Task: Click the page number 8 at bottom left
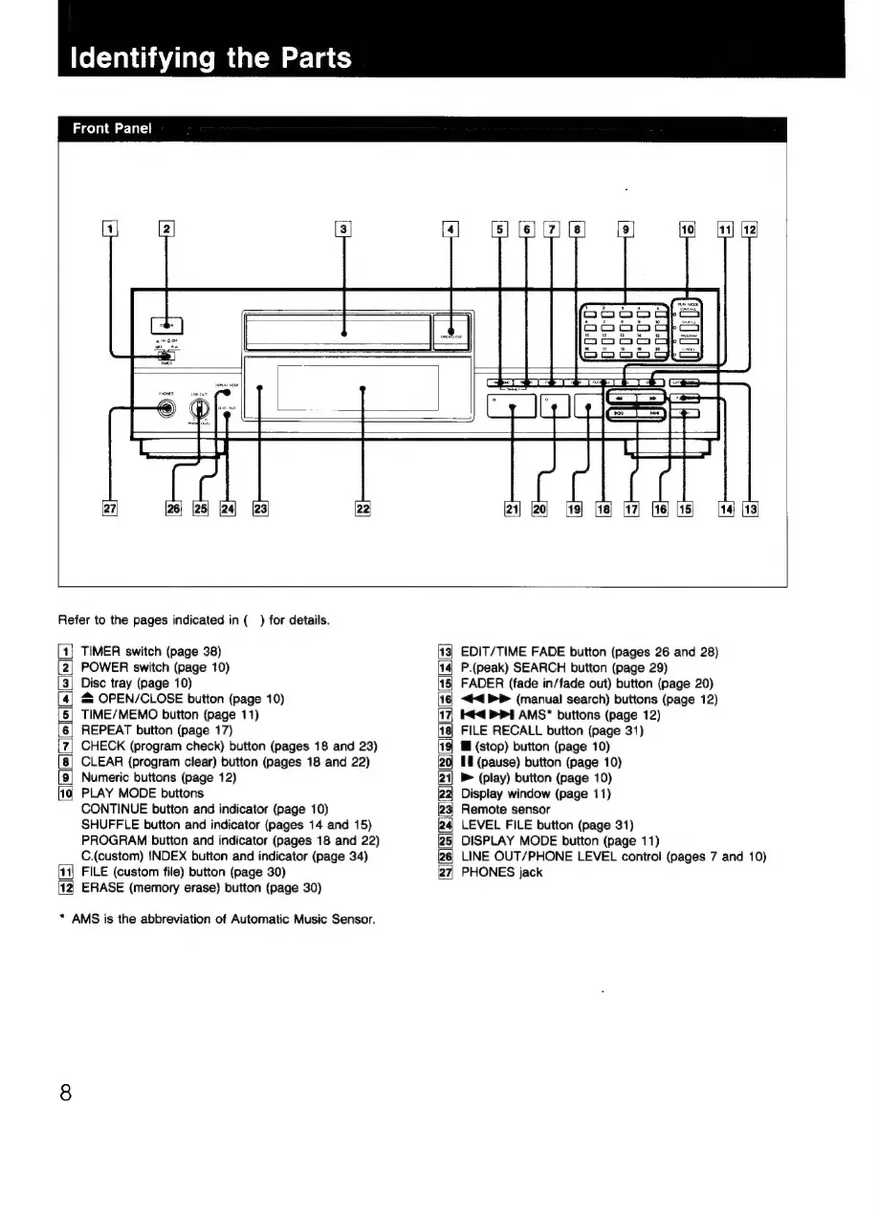66,1091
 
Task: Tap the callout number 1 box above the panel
112,229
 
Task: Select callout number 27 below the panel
112,509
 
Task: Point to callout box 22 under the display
363,509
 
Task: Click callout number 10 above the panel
687,229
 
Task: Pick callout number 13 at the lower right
750,509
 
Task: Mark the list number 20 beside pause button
446,762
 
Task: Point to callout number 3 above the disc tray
343,229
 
